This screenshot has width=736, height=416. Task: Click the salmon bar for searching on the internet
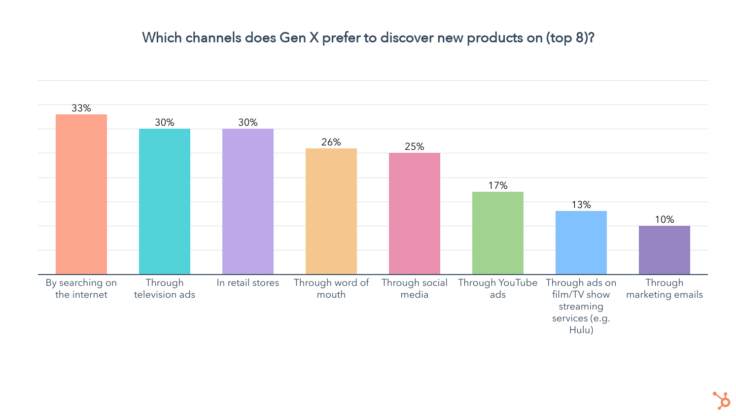tap(81, 194)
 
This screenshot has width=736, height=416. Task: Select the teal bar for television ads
tap(165, 202)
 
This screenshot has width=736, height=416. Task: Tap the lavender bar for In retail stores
tap(248, 202)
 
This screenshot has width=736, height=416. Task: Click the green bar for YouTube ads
tap(498, 233)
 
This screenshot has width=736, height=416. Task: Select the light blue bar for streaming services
tap(581, 243)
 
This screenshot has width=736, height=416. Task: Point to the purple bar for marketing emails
tap(665, 250)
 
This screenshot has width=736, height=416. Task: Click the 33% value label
tap(81, 108)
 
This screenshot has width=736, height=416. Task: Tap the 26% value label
tap(331, 142)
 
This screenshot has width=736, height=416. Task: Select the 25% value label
tap(415, 146)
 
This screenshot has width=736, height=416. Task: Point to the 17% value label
tap(498, 185)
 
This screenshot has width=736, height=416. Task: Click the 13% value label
tap(581, 205)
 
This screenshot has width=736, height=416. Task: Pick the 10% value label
tap(665, 219)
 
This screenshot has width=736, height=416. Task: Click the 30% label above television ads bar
tap(165, 122)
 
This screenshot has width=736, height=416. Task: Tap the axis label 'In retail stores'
tap(248, 283)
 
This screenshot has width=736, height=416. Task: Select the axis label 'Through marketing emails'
tap(665, 289)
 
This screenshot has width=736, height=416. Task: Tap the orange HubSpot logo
tap(721, 400)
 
